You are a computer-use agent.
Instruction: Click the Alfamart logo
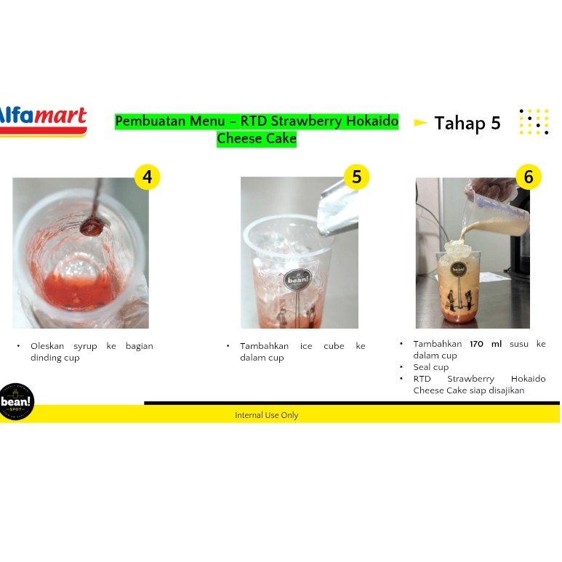[43, 122]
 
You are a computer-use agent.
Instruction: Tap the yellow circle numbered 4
[148, 177]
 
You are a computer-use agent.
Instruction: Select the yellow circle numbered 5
[357, 177]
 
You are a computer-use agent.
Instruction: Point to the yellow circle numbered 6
[529, 177]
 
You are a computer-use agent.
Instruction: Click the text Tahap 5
[467, 124]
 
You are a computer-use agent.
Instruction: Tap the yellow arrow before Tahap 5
[420, 123]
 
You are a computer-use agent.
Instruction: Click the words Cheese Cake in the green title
[257, 138]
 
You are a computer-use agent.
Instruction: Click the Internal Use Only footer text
[267, 415]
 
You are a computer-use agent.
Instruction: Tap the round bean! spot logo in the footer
[16, 402]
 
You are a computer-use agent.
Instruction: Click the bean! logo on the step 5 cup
[298, 279]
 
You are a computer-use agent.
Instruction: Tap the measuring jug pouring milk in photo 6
[497, 212]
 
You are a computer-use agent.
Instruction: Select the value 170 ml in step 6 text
[486, 344]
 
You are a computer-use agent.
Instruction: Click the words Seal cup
[431, 367]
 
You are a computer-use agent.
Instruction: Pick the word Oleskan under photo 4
[47, 346]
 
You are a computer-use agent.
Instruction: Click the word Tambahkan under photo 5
[264, 346]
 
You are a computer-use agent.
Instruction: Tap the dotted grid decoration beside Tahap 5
[534, 122]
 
